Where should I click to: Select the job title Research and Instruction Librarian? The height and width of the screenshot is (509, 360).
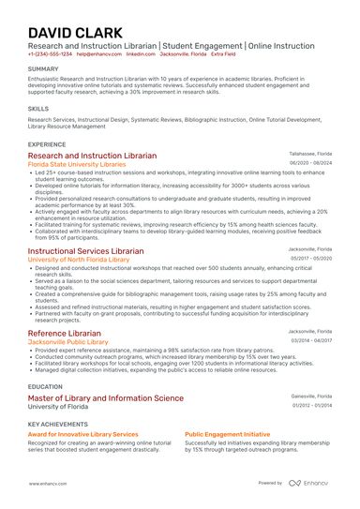point(93,156)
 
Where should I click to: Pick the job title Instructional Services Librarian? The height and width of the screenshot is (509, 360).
point(86,251)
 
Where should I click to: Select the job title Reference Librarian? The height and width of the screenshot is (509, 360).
point(65,334)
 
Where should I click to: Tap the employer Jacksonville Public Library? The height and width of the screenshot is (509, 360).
point(68,342)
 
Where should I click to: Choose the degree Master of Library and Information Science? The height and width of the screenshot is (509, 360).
point(106,397)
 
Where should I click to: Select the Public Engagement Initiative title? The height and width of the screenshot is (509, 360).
point(227,435)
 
